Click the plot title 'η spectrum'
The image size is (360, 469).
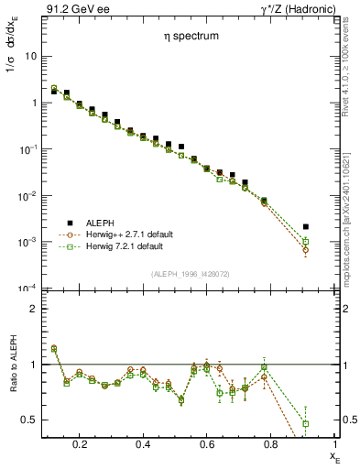[186, 38]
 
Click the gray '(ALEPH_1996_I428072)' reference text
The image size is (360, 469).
[190, 274]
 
